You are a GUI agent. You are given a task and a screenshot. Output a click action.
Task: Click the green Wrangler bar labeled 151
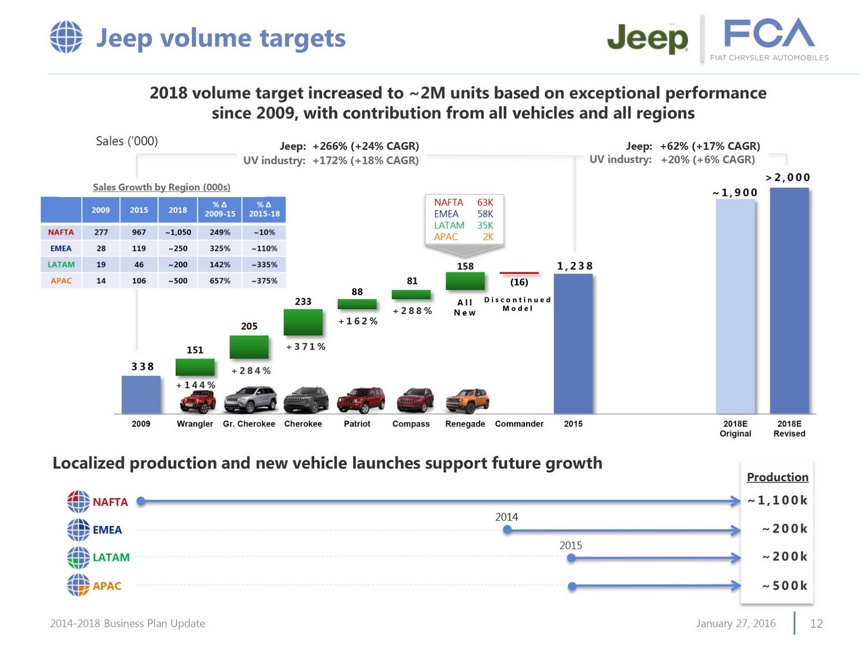point(195,367)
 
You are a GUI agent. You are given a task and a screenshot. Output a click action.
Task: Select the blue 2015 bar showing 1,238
point(573,344)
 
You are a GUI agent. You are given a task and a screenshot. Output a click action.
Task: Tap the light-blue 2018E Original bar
point(735,306)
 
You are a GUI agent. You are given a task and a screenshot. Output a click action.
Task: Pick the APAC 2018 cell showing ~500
point(178,281)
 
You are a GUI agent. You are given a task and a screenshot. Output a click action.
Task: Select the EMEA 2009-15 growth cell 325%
point(220,248)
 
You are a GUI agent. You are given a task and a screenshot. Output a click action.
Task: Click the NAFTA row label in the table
point(61,232)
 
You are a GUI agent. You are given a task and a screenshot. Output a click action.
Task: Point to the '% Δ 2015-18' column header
point(264,209)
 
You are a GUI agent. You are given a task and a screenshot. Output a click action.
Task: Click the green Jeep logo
point(647,39)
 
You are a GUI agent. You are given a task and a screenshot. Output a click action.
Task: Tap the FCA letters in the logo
point(769,33)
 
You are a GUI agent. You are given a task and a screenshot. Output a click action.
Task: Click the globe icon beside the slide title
point(66,37)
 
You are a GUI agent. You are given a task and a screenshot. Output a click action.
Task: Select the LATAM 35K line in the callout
point(463,225)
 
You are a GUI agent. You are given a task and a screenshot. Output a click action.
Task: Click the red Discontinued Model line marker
point(519,273)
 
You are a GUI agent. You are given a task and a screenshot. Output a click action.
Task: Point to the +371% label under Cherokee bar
point(305,347)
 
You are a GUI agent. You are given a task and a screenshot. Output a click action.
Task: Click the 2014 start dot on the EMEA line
point(507,530)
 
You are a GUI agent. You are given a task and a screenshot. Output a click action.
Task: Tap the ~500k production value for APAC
point(784,585)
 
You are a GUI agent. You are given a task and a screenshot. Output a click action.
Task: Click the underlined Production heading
point(777,477)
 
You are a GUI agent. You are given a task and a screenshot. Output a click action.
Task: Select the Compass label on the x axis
point(411,424)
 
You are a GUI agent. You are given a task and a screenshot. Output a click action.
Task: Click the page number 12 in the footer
point(816,623)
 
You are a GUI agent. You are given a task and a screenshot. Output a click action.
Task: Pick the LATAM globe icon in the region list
point(78,557)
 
